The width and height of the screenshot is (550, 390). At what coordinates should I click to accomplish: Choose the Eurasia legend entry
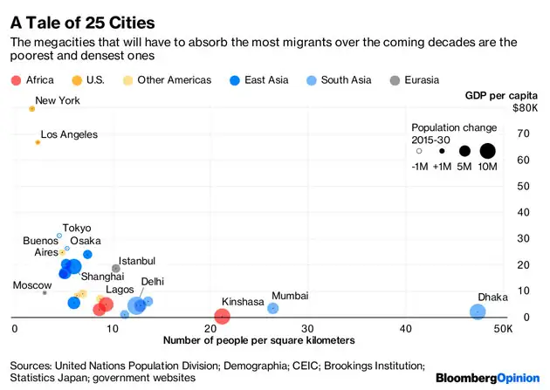click(x=416, y=80)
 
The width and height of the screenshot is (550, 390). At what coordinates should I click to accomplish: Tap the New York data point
click(x=32, y=108)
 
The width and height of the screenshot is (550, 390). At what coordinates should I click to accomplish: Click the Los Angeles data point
click(x=38, y=142)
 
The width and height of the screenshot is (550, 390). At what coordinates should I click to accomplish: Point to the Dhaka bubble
click(x=478, y=311)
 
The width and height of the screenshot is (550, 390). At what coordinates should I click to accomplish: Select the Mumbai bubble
click(x=273, y=308)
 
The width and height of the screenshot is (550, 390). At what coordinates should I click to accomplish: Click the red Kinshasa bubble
click(x=223, y=317)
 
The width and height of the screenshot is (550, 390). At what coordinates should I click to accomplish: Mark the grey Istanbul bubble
click(x=116, y=269)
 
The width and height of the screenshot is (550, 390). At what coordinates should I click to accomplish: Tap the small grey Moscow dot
click(x=45, y=292)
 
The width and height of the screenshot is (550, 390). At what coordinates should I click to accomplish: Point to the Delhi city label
click(x=152, y=281)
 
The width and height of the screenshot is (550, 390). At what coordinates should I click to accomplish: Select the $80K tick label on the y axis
click(x=524, y=108)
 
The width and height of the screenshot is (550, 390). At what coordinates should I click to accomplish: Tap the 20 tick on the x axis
click(x=210, y=329)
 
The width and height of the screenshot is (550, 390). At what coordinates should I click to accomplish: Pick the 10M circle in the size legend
click(x=487, y=151)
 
